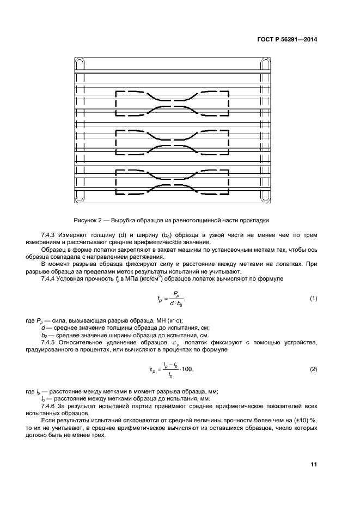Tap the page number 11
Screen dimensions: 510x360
[x=314, y=464]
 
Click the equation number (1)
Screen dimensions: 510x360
[x=313, y=299]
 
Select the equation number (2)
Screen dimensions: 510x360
[x=313, y=369]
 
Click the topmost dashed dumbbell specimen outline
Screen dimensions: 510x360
[x=172, y=104]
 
